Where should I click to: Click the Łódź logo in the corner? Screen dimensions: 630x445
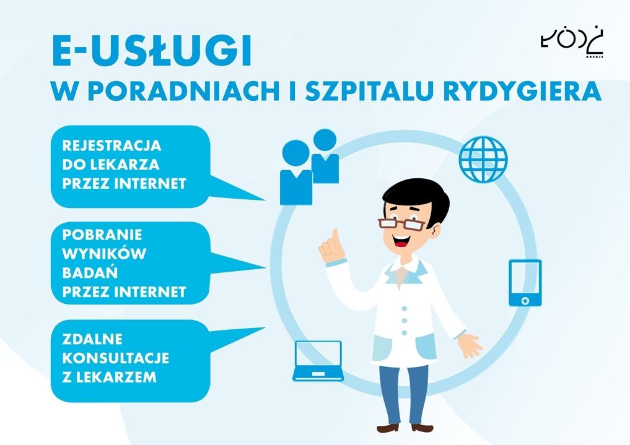coord(572,43)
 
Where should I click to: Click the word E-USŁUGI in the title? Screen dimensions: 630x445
coord(152,51)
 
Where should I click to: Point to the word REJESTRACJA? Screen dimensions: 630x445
coord(112,145)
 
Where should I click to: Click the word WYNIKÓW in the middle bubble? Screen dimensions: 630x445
coord(104,254)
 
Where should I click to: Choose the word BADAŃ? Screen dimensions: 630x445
coord(90,272)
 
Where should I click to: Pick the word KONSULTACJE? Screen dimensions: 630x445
coord(116,358)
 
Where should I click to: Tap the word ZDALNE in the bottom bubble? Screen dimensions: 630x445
coord(92,339)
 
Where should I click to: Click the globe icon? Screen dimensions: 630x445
coord(483,159)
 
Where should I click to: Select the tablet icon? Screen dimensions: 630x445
coord(525,283)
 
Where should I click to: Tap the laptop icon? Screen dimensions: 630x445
coord(318,361)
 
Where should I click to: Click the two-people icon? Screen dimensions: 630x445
coord(309,166)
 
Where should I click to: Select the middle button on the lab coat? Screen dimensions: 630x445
coord(405,321)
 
